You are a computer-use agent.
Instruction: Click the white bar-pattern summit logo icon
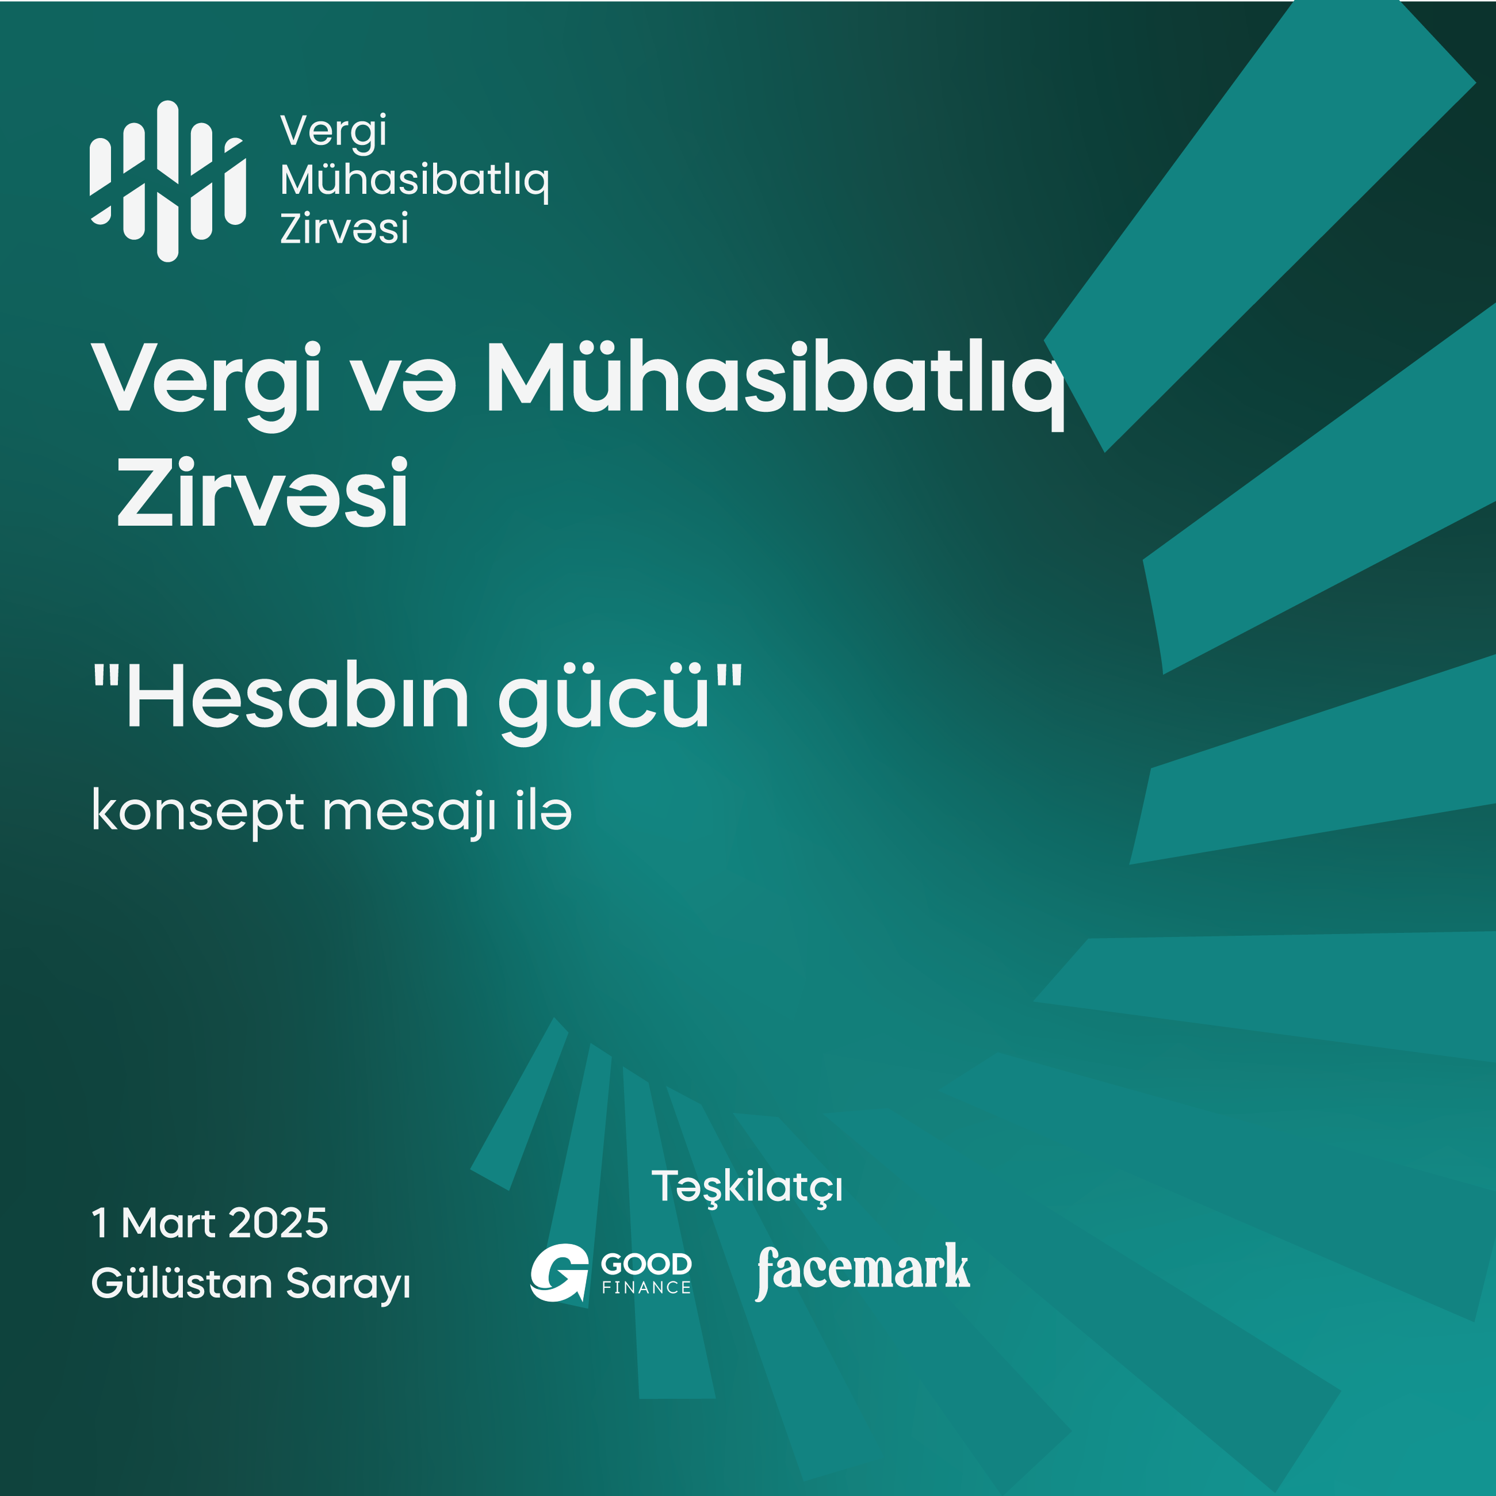168,181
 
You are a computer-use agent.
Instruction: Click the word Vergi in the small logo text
333,132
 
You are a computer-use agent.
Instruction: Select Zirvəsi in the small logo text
344,229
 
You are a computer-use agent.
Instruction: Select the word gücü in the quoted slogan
604,703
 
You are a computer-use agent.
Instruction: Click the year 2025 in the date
279,1223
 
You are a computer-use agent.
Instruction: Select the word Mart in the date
169,1223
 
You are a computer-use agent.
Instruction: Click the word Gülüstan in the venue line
182,1283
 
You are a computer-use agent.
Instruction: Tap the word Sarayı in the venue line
347,1285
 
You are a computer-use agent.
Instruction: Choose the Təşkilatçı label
747,1188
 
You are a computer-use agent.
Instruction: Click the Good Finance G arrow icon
559,1272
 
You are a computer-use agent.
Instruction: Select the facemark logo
863,1271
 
